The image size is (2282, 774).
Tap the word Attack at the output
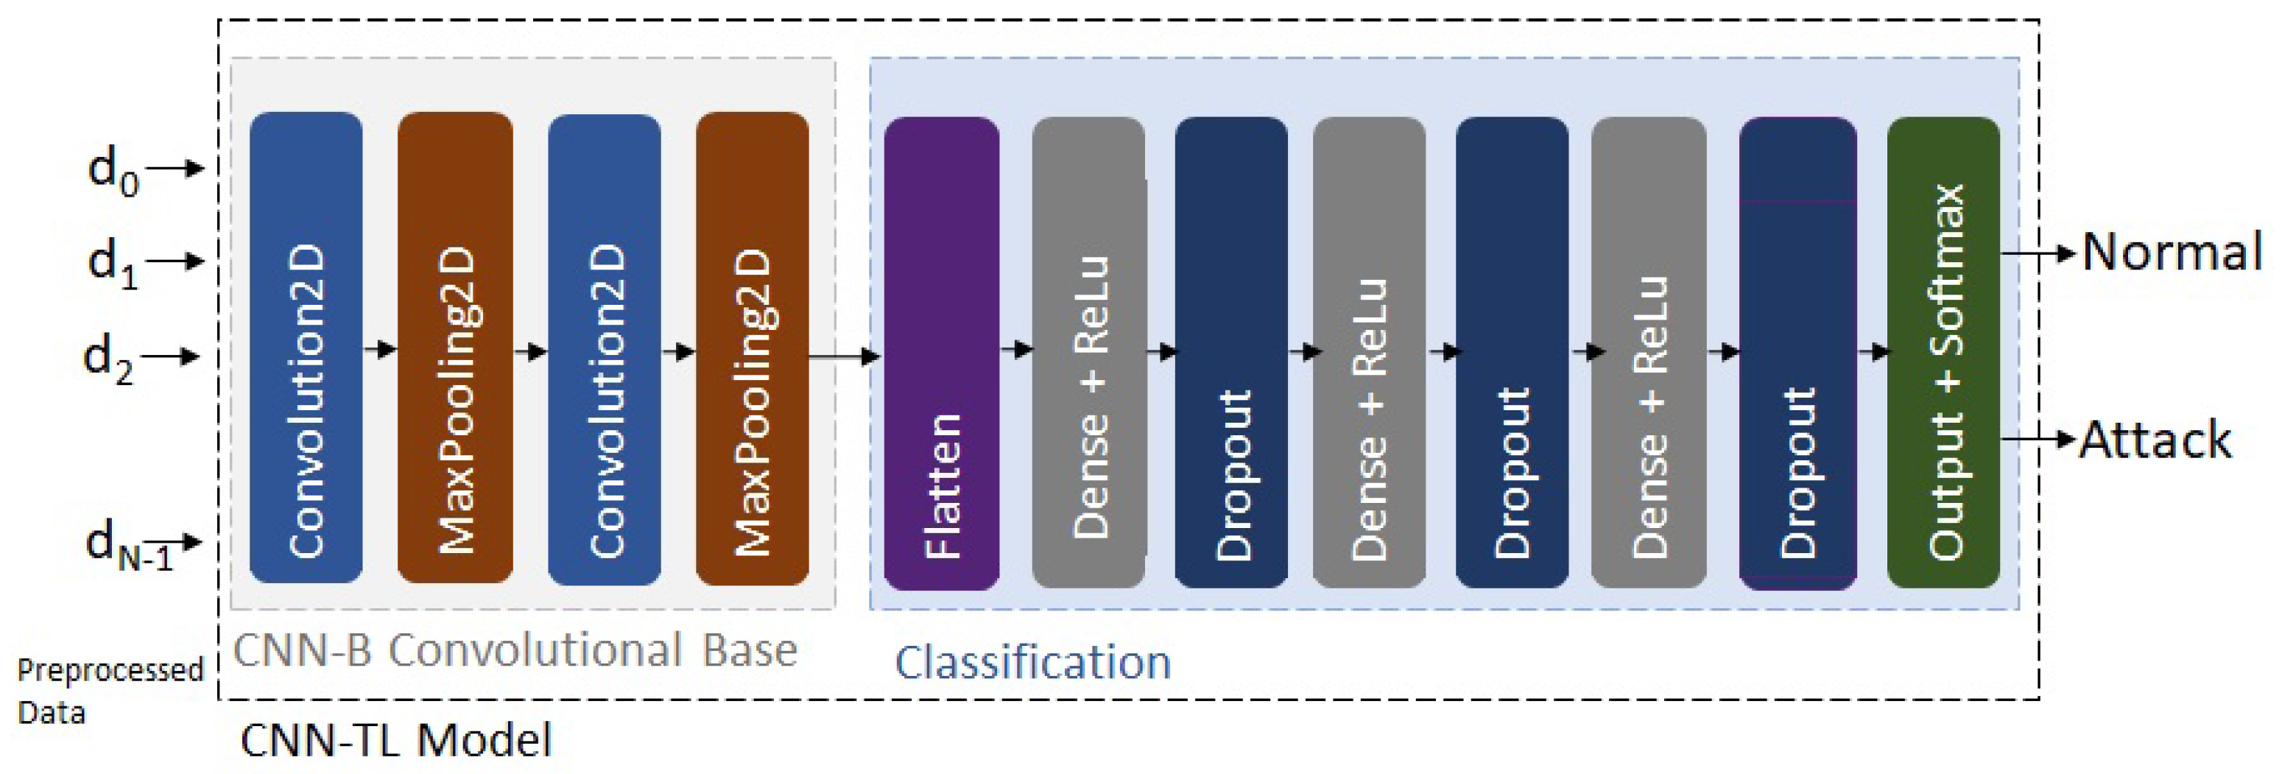[2155, 440]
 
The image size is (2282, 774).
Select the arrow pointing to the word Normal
[2038, 254]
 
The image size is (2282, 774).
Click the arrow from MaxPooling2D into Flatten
[843, 357]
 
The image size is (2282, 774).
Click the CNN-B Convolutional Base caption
[515, 651]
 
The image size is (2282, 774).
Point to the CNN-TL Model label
[396, 740]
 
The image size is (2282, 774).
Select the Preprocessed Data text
[108, 690]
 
